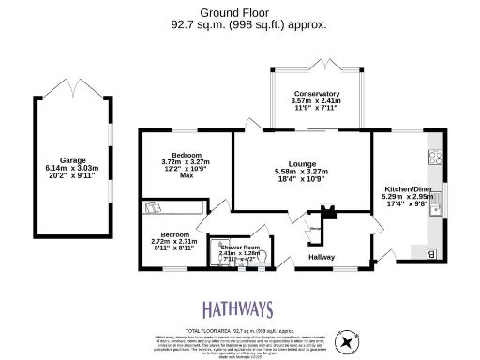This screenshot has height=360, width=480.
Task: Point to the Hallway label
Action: pos(322,256)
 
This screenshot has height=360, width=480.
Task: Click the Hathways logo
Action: pos(239,310)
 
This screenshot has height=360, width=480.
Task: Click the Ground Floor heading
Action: pos(239,14)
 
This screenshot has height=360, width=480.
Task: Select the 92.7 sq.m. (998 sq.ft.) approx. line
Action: pos(239,25)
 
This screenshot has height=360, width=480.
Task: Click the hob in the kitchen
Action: pos(436,165)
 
